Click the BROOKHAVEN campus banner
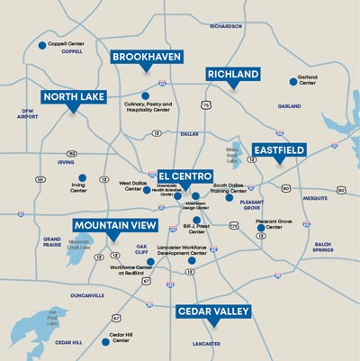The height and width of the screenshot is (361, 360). point(147,56)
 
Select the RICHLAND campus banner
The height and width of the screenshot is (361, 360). point(232,74)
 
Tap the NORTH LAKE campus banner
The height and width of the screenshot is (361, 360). point(73,97)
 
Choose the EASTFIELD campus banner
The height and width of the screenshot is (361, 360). point(279,149)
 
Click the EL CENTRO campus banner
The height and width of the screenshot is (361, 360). point(185,176)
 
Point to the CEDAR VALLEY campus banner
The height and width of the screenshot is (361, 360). point(213,311)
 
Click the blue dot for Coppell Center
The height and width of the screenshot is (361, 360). point(41,45)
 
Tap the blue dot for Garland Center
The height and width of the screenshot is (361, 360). point(292,81)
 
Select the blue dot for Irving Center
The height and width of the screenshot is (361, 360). point(82,177)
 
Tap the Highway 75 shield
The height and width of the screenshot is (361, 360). point(206,105)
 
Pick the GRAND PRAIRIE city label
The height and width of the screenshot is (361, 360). point(52,241)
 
